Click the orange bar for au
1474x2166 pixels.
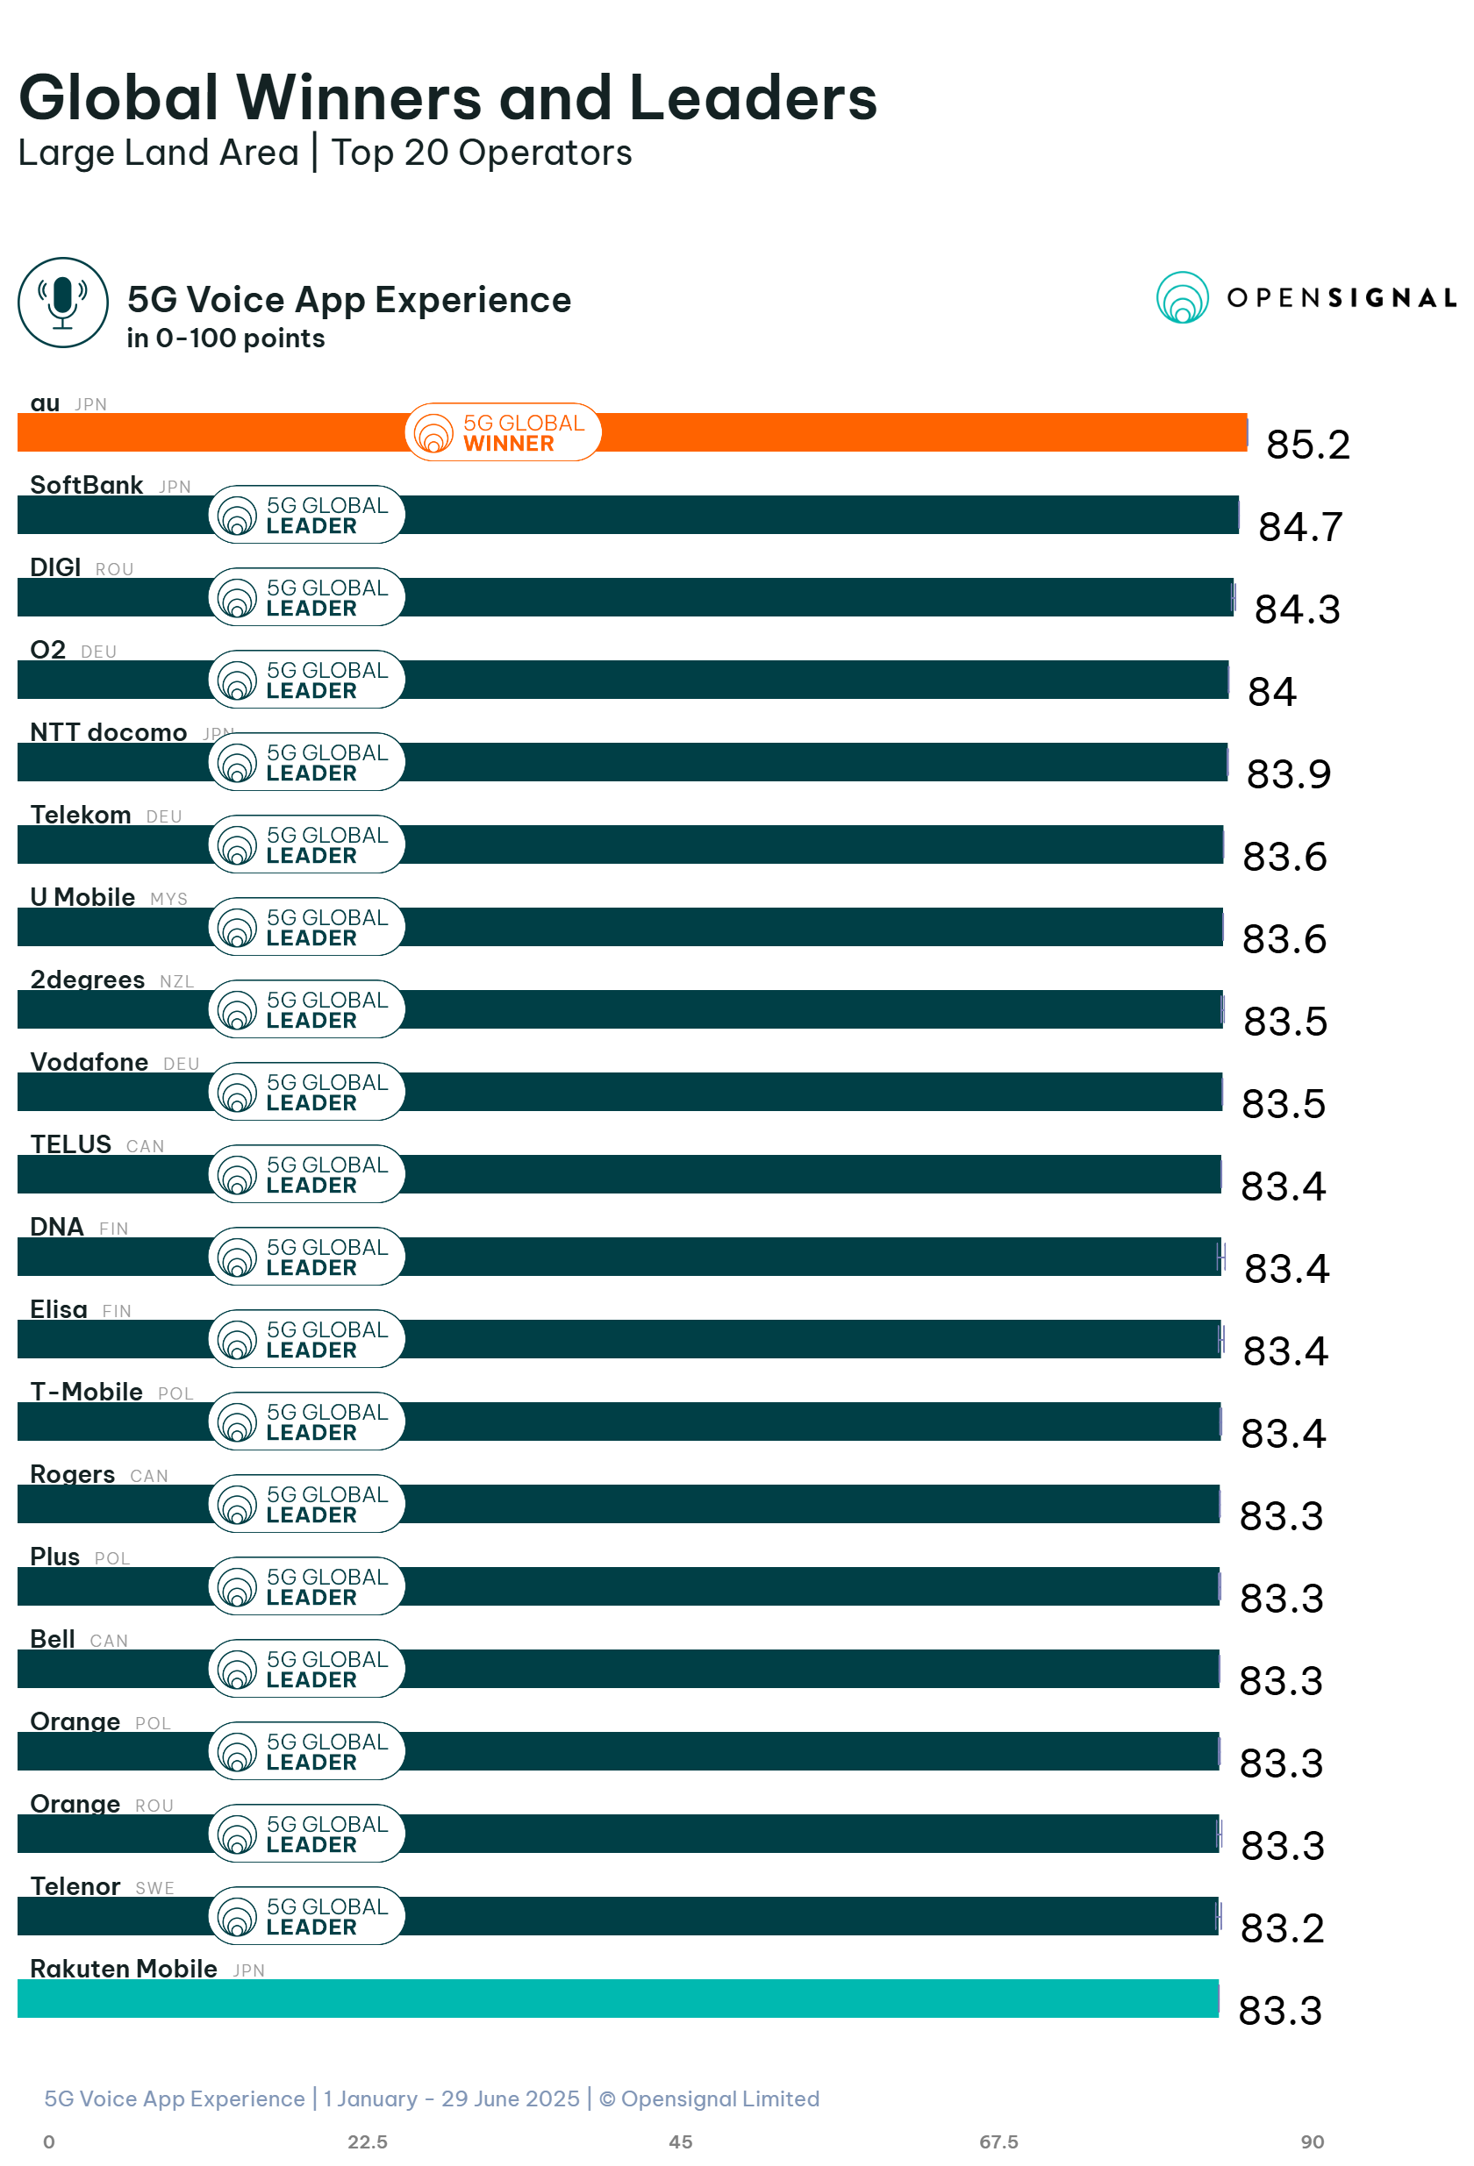point(839,432)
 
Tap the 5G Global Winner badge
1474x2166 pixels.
point(503,432)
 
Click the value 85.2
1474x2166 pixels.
point(1306,445)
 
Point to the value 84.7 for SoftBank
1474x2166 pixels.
point(1299,526)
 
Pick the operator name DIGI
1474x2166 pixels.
point(55,566)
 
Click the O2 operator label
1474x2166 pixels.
point(48,649)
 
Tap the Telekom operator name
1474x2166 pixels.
point(80,815)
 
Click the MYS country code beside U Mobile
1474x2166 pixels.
point(168,899)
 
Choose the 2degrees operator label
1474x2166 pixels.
point(87,979)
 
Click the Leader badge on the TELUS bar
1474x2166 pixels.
point(307,1173)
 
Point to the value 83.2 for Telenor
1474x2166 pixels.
point(1281,1927)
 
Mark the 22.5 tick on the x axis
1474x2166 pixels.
point(368,2141)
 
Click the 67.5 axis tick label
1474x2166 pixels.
point(998,2141)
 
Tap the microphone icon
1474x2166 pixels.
point(62,302)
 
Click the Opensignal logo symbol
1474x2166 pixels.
point(1181,297)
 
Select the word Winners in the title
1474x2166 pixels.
point(359,98)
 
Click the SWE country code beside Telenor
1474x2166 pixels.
point(154,1887)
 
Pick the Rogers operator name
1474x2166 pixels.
point(73,1473)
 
